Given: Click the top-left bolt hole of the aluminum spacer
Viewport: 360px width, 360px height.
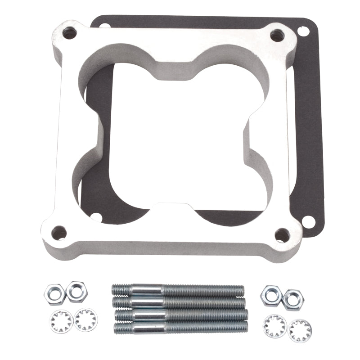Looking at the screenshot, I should tap(70, 32).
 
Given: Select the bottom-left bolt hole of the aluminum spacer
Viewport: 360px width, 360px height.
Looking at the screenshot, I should tap(58, 233).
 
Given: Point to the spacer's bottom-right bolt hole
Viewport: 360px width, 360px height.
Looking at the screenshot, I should tap(282, 234).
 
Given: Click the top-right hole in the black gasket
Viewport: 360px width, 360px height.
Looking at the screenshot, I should tap(302, 31).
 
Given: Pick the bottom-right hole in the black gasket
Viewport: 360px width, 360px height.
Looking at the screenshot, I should tap(308, 221).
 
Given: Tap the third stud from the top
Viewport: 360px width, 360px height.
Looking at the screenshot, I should tap(180, 314).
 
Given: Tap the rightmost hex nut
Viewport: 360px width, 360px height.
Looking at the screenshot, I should tap(292, 299).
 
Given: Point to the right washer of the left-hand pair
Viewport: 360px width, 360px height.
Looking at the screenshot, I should tap(86, 319).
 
